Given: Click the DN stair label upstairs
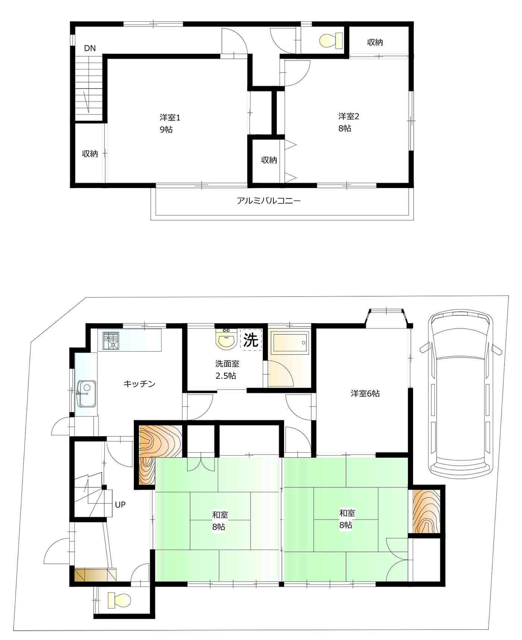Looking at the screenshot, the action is tap(90, 48).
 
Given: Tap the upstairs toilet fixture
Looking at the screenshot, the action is tap(331, 41).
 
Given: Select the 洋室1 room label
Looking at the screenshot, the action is tap(170, 118).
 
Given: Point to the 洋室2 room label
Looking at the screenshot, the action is tap(349, 116).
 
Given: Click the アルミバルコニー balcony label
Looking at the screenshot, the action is tap(268, 201).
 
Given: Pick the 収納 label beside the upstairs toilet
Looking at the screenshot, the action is tap(375, 42).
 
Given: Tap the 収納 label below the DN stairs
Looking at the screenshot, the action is tap(90, 154).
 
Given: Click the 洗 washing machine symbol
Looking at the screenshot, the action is tap(251, 340).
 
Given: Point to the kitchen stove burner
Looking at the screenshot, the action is tap(111, 340).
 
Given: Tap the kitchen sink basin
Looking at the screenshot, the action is tap(86, 394).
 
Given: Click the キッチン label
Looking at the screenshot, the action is tap(139, 384).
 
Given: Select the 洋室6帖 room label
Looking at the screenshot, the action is tap(365, 393).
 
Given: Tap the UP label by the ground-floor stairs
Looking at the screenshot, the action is tap(120, 505).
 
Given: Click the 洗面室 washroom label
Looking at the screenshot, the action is tap(227, 364).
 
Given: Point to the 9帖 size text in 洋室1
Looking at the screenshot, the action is tap(166, 129).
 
